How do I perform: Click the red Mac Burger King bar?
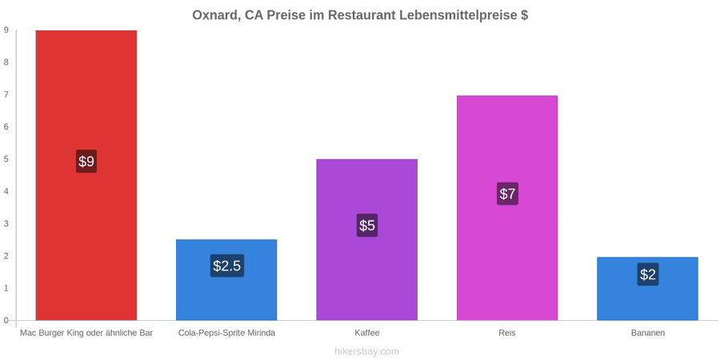[x=86, y=175]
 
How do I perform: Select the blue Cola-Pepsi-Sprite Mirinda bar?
[x=226, y=280]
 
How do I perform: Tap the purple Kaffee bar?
[x=367, y=240]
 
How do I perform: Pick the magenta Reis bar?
[x=507, y=207]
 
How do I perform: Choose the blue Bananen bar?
[x=647, y=288]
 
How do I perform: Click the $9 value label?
[x=86, y=161]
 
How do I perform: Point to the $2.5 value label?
[x=227, y=266]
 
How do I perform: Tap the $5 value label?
[x=367, y=226]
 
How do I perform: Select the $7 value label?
[x=507, y=194]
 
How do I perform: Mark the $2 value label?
[x=648, y=274]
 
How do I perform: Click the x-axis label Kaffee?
[x=367, y=333]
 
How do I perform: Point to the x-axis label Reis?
[x=507, y=333]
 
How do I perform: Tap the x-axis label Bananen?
[x=647, y=333]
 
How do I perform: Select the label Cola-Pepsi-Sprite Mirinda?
[x=227, y=333]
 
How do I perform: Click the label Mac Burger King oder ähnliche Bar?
[x=86, y=333]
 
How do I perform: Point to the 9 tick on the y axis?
[x=6, y=30]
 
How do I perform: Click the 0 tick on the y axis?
[x=6, y=321]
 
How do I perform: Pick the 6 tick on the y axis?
[x=6, y=127]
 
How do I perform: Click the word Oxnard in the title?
[x=214, y=15]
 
